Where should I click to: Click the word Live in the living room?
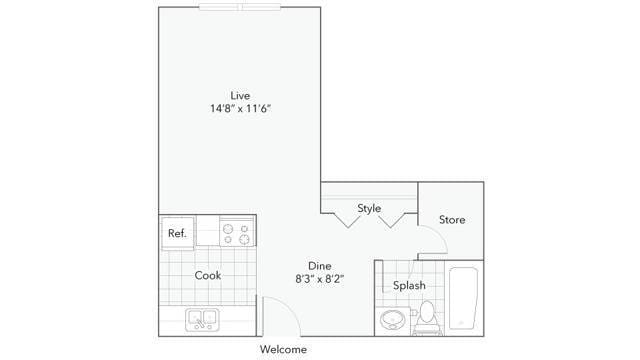[x=240, y=96]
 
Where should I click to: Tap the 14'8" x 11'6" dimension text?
[x=241, y=109]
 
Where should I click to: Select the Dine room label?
[x=320, y=266]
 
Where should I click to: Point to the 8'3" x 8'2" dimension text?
[x=320, y=279]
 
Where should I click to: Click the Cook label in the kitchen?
[x=208, y=276]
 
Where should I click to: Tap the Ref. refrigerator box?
[x=178, y=233]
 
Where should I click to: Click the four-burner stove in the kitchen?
[x=237, y=231]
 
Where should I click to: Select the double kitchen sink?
[x=202, y=320]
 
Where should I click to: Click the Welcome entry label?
[x=283, y=349]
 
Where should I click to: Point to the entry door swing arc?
[x=289, y=306]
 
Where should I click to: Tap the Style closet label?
[x=369, y=208]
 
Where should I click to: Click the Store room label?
[x=452, y=220]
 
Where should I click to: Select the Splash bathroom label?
[x=409, y=285]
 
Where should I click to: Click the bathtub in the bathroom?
[x=463, y=298]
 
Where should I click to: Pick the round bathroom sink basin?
[x=393, y=320]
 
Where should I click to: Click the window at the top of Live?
[x=240, y=7]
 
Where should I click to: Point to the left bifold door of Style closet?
[x=348, y=220]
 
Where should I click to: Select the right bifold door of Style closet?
[x=391, y=220]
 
